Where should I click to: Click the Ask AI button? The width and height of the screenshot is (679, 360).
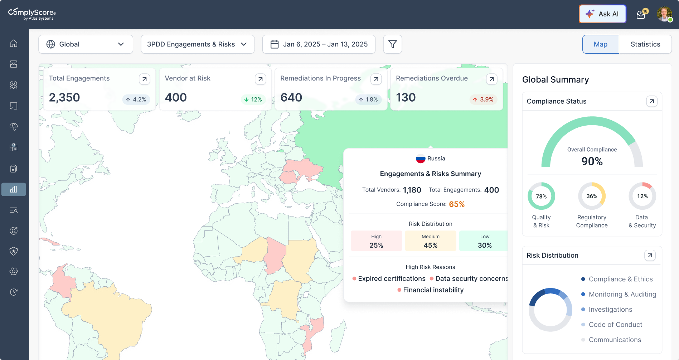coord(602,14)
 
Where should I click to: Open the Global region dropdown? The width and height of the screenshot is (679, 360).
coord(86,44)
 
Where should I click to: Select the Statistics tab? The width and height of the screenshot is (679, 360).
coord(645,44)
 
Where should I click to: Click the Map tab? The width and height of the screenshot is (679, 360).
coord(600,44)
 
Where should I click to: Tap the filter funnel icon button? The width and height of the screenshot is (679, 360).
coord(392,44)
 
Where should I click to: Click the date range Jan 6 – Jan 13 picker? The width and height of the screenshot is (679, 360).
coord(319,44)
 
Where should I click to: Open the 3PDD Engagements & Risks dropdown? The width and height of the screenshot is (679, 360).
coord(197,44)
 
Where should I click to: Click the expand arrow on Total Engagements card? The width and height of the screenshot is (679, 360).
coord(144,79)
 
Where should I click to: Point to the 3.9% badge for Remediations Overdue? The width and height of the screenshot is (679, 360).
coord(483,99)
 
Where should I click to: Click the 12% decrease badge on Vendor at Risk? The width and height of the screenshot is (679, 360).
coord(253,99)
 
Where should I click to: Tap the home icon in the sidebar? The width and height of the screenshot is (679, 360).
coord(14,43)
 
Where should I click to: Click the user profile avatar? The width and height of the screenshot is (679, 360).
coord(664,14)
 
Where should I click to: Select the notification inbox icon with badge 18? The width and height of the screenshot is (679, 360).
coord(641,15)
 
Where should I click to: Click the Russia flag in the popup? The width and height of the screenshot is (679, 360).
coord(420,159)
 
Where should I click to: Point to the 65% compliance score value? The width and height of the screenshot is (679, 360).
coord(457,204)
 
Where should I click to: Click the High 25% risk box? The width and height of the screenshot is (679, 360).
coord(376,241)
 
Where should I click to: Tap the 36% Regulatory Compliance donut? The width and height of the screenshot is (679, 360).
coord(592,196)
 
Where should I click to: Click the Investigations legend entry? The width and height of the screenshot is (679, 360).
coord(610,310)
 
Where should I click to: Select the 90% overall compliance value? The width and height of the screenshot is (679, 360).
coord(592,161)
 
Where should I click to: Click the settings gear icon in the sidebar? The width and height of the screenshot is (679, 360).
coord(14,271)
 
